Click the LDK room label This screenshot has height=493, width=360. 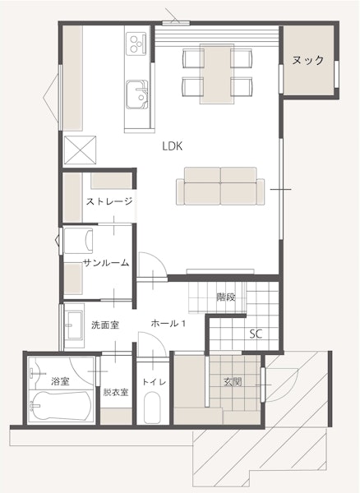173,146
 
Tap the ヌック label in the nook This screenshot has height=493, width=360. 307,60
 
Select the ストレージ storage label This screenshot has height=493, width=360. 109,201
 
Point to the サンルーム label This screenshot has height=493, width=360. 106,263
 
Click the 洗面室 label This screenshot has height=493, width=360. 105,325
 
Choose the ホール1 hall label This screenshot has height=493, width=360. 168,323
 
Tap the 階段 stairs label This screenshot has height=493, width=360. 226,297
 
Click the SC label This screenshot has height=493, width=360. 256,334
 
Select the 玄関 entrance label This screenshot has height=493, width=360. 233,382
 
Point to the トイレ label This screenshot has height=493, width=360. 154,382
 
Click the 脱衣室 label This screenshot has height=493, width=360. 116,393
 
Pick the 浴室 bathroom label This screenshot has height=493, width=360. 60,381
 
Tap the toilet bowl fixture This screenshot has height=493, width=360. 153,408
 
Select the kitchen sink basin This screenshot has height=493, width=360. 136,94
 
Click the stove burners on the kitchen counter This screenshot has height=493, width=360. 137,43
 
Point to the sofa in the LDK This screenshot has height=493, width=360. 220,187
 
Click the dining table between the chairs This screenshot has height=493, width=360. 217,74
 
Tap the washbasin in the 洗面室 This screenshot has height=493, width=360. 74,325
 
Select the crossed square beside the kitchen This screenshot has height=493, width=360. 80,150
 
